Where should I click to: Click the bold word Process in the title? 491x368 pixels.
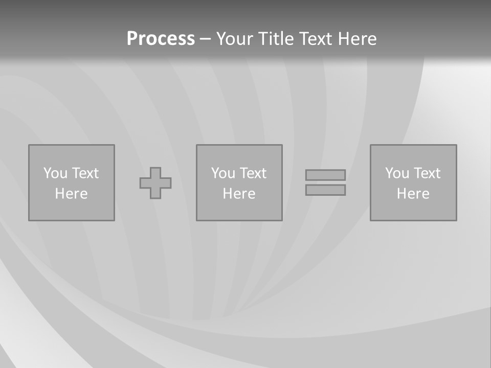(x=161, y=39)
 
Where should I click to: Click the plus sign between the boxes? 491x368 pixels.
(x=155, y=183)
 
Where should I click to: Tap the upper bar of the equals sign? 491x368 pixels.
(x=325, y=175)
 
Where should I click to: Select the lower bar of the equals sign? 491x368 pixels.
(x=325, y=190)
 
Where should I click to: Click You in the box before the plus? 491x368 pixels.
(x=55, y=173)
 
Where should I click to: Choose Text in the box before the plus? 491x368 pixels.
(x=85, y=173)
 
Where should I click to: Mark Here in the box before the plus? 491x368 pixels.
(x=71, y=194)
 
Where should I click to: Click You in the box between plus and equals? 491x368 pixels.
(x=223, y=173)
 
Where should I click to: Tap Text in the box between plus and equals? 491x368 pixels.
(x=253, y=173)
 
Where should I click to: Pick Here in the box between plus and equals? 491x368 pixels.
(x=239, y=194)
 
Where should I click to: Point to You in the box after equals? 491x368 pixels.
(x=397, y=173)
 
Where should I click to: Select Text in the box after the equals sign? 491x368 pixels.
(x=427, y=173)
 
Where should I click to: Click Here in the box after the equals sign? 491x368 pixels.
(x=413, y=194)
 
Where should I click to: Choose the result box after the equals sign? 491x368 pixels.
(x=413, y=210)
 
